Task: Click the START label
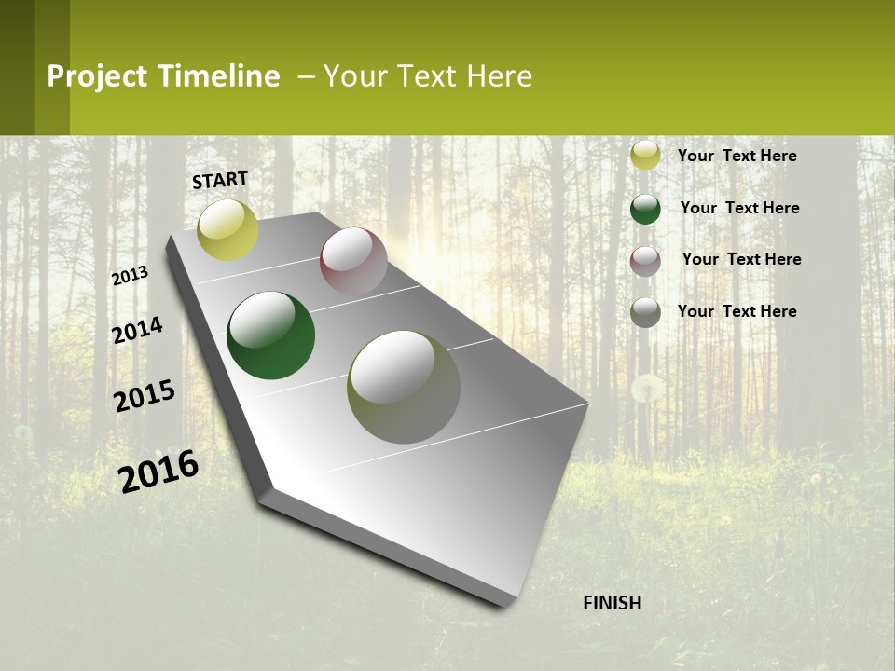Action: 220,180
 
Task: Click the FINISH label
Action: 612,603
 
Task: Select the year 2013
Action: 130,275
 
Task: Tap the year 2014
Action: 137,330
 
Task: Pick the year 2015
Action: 145,396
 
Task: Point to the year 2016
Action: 158,472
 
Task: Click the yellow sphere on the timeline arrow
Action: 227,229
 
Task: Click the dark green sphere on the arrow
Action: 270,335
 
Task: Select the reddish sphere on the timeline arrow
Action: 353,262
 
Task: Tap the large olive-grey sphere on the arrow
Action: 403,387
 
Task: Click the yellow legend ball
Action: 645,155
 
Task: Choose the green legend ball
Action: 645,208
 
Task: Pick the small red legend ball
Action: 645,261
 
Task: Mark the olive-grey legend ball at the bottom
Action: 645,312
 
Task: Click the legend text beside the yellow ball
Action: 737,156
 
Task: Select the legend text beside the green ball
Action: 739,208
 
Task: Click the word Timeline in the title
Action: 219,76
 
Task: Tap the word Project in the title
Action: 97,76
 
